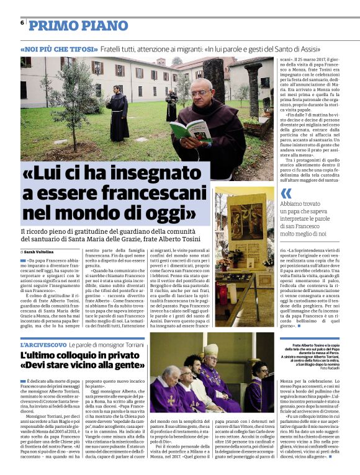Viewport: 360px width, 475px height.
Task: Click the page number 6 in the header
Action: [22, 22]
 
